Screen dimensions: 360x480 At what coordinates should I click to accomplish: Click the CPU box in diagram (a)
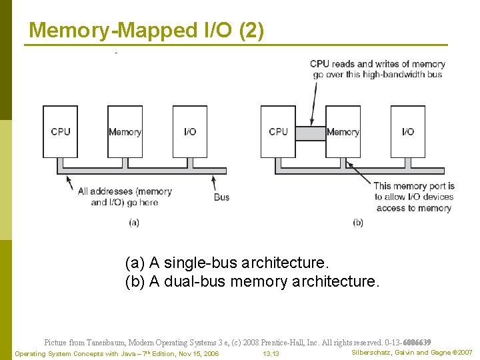[60, 131]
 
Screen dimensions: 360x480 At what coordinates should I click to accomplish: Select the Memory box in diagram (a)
[125, 131]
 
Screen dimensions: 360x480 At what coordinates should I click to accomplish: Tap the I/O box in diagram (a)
[190, 131]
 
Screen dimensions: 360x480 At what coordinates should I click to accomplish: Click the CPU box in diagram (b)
[278, 131]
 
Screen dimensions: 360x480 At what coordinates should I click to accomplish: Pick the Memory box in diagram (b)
[343, 131]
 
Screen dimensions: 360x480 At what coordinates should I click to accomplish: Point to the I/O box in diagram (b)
[408, 131]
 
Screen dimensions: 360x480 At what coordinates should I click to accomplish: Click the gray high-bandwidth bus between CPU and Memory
[310, 133]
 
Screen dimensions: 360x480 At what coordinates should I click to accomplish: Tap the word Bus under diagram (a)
[221, 197]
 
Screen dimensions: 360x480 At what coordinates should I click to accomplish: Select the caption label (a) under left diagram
[133, 223]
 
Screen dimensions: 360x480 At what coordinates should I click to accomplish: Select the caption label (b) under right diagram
[358, 223]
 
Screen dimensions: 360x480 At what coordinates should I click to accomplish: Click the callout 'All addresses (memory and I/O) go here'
[125, 197]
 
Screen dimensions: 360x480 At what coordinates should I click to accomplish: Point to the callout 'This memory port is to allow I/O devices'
[413, 197]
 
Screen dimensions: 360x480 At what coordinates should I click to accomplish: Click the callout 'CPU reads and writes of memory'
[377, 69]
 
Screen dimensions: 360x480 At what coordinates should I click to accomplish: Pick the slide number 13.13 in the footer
[271, 353]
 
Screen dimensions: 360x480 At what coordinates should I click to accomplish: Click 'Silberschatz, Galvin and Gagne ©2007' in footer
[411, 352]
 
